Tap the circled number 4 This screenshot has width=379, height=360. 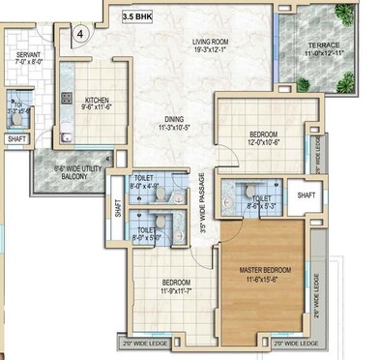[80, 33]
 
